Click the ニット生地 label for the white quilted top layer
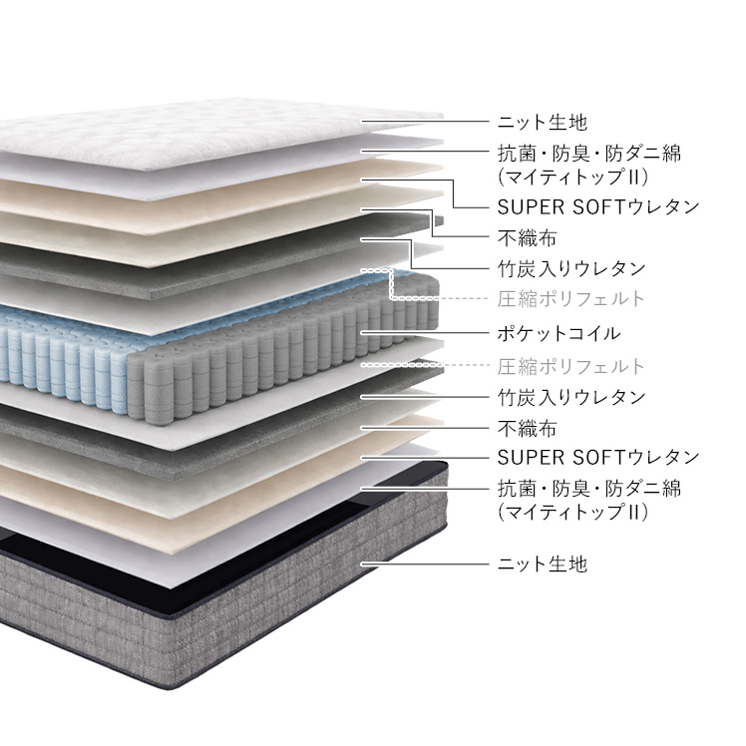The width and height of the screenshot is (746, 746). [x=542, y=124]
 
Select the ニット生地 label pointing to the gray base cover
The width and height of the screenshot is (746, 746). [x=542, y=564]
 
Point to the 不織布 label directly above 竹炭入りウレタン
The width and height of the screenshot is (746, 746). [x=526, y=238]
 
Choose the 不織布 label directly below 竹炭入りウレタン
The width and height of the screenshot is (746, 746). [x=526, y=429]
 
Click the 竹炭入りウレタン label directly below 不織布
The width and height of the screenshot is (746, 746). [x=570, y=268]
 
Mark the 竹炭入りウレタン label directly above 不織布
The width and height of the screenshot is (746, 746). [x=570, y=397]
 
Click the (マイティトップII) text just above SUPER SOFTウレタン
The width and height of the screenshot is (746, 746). [x=573, y=178]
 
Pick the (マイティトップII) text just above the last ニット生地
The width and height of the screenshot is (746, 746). [x=573, y=513]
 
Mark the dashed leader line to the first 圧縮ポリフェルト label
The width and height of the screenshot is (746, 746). [x=439, y=298]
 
